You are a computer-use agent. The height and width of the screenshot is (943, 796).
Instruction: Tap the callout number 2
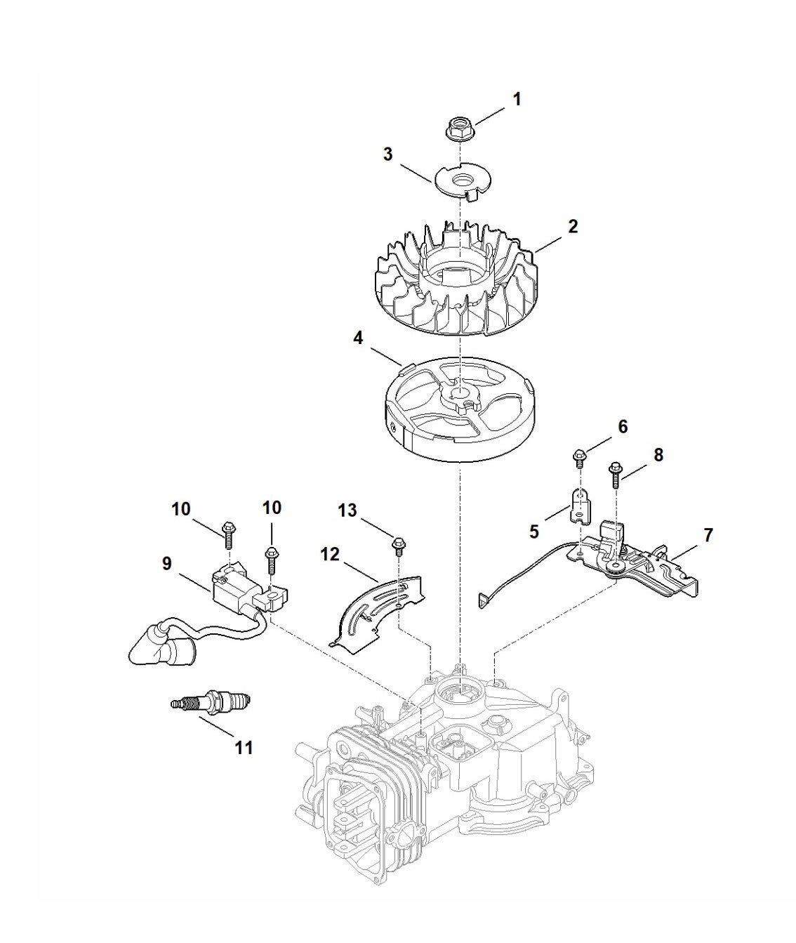pyautogui.click(x=573, y=226)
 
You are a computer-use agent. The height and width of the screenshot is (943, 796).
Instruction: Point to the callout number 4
pyautogui.click(x=358, y=338)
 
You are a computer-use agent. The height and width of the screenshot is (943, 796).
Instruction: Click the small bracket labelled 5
pyautogui.click(x=581, y=507)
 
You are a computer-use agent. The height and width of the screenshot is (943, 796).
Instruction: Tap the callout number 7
pyautogui.click(x=708, y=535)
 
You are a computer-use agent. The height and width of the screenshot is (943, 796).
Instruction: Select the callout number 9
pyautogui.click(x=166, y=564)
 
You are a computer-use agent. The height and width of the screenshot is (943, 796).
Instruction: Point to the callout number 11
pyautogui.click(x=244, y=747)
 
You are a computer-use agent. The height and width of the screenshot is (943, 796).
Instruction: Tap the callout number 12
pyautogui.click(x=330, y=555)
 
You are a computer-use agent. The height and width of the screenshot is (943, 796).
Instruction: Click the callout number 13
pyautogui.click(x=347, y=510)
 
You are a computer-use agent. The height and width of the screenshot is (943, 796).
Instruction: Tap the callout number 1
pyautogui.click(x=517, y=100)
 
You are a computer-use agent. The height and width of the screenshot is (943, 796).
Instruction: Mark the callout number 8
pyautogui.click(x=658, y=455)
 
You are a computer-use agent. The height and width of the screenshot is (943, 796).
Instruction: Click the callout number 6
pyautogui.click(x=623, y=426)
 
